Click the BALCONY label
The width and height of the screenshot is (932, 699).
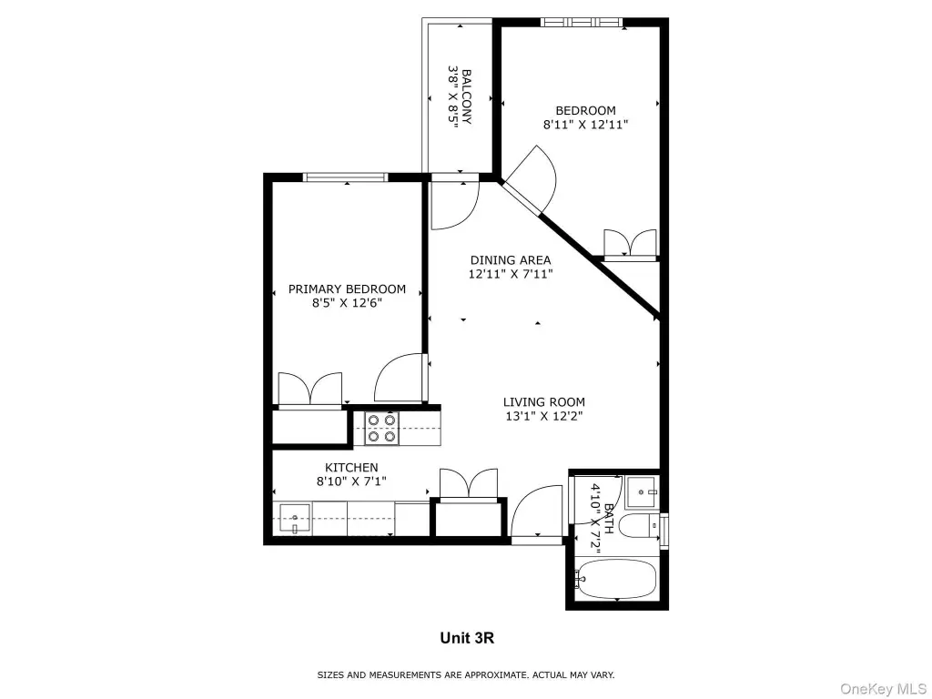(x=467, y=96)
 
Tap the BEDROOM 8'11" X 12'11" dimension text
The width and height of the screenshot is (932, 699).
(x=585, y=125)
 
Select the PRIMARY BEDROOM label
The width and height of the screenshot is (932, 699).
(x=347, y=289)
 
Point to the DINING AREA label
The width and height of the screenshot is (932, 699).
(x=511, y=259)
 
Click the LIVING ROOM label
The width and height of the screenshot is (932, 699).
(x=544, y=401)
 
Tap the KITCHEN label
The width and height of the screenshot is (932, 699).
(x=351, y=467)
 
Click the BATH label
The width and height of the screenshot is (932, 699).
(x=609, y=519)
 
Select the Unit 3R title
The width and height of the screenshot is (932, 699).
(x=467, y=638)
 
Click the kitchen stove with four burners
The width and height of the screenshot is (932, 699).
(x=381, y=429)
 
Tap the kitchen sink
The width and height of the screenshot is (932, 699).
(x=294, y=519)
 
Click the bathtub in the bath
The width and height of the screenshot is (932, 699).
(x=616, y=580)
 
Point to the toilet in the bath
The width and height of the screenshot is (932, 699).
(x=639, y=526)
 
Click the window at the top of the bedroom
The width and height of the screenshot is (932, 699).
(x=582, y=23)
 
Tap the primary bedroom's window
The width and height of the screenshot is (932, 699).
(x=345, y=177)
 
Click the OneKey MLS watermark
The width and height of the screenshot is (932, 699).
(x=883, y=688)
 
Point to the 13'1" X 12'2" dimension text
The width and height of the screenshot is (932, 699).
(x=544, y=416)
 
